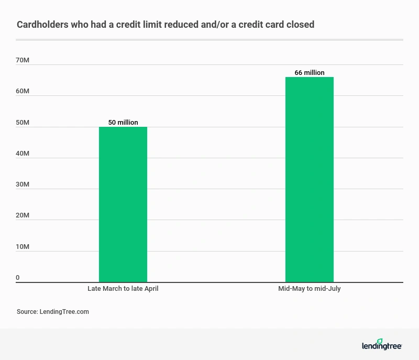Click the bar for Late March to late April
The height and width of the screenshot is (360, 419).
(x=123, y=204)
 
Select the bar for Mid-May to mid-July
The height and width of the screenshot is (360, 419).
(x=309, y=180)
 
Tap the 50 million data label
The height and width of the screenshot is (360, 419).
(x=123, y=123)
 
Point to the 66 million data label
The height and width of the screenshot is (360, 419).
(x=310, y=73)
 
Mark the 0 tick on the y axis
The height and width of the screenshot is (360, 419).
(x=18, y=278)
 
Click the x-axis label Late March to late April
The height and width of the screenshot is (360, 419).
(x=123, y=289)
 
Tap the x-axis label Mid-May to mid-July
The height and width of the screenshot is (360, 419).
(x=310, y=289)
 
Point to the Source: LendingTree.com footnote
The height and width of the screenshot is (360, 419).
(x=53, y=311)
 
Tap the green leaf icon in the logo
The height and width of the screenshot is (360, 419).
(x=380, y=341)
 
